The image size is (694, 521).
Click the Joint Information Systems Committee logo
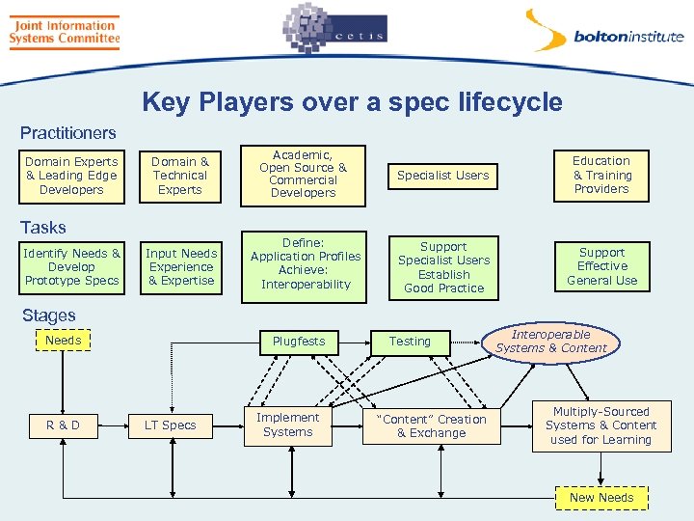[64, 31]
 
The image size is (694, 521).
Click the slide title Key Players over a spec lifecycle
[352, 102]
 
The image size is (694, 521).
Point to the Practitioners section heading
[67, 133]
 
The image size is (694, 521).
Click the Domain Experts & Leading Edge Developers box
[71, 176]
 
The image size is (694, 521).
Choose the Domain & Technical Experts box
[180, 176]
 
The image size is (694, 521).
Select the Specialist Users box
[443, 176]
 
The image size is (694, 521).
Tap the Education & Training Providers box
[601, 175]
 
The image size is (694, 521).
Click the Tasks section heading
[43, 228]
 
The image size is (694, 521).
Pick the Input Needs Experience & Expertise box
[180, 267]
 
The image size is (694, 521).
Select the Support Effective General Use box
[601, 266]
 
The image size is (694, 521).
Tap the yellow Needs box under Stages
[64, 341]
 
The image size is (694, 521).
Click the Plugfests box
[299, 342]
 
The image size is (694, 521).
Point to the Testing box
[410, 342]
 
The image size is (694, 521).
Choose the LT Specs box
[170, 425]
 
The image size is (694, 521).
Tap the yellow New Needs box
[601, 498]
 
